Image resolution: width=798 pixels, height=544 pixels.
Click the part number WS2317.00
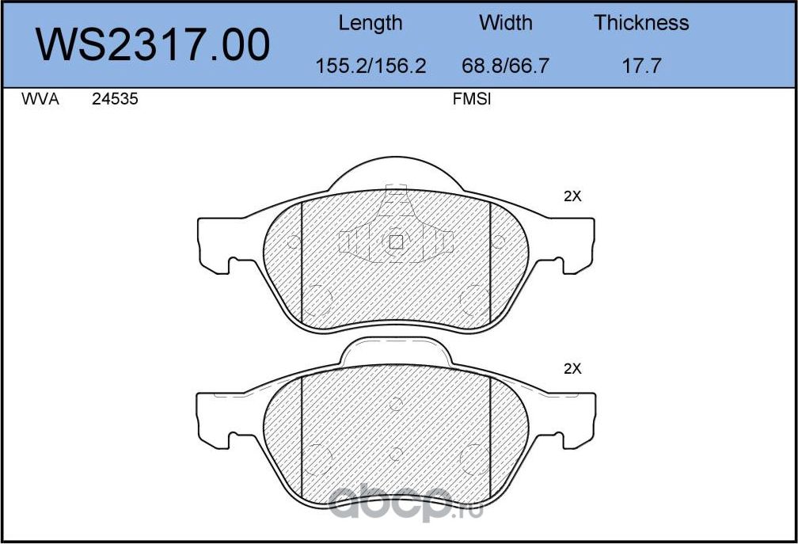(x=154, y=44)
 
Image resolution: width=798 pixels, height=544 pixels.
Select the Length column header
(x=370, y=23)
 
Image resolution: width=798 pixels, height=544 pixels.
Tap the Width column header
(x=506, y=23)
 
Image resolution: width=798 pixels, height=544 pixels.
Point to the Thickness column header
(x=641, y=23)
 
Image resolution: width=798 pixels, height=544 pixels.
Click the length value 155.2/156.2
(x=370, y=66)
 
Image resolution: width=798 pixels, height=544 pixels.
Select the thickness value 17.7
(x=641, y=66)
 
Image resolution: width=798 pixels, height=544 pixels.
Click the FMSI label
(x=472, y=101)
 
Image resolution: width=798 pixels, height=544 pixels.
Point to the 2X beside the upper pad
(x=572, y=197)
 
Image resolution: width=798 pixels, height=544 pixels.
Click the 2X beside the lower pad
(x=572, y=368)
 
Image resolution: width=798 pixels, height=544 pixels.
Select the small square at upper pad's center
(x=397, y=242)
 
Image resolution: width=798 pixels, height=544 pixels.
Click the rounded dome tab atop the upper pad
(x=396, y=173)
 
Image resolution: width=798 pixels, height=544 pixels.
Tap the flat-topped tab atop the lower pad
(x=396, y=352)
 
